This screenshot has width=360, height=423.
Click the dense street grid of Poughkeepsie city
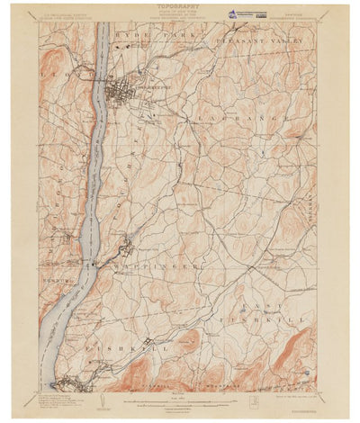tap(120, 91)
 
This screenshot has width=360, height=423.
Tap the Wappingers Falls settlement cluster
tap(129, 246)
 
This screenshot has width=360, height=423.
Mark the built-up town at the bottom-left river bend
tap(67, 384)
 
